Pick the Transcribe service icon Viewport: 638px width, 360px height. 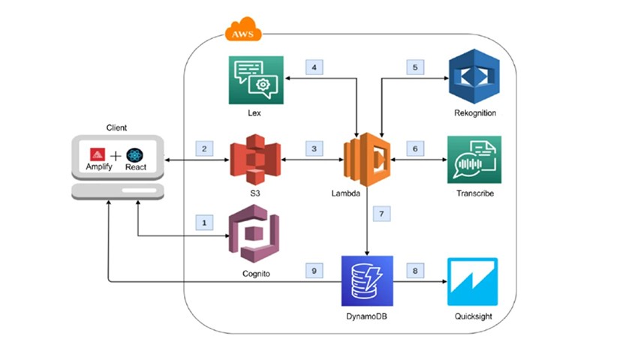click(474, 160)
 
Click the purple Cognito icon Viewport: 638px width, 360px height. click(253, 236)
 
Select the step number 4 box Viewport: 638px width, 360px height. click(314, 67)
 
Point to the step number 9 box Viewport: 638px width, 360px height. click(314, 268)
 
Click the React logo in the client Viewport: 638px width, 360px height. click(136, 153)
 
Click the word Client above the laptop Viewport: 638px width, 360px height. click(116, 127)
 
